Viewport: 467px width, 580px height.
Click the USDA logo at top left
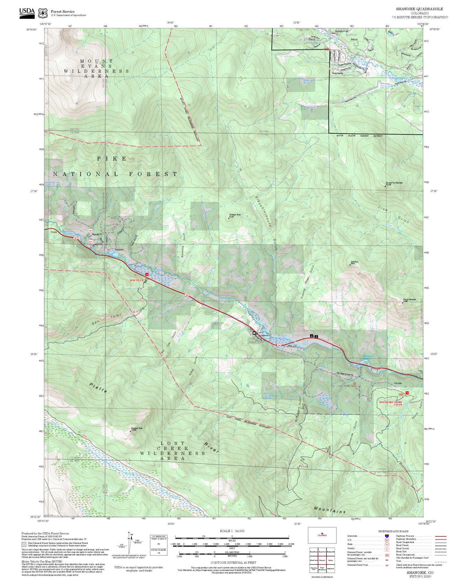coord(27,13)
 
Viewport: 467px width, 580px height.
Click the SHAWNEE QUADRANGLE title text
coord(419,9)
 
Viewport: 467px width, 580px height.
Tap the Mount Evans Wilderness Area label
coord(96,69)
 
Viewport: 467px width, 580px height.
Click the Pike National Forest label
coord(115,166)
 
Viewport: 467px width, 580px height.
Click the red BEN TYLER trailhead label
coord(136,280)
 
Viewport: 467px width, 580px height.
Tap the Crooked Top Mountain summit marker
coord(385,186)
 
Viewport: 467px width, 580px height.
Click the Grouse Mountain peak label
coord(409,300)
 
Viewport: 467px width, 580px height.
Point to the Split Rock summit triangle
coord(351,265)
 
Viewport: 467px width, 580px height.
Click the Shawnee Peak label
coord(136,428)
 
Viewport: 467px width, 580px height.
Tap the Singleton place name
coord(119,250)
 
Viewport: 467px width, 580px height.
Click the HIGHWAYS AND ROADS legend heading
coord(393,531)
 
